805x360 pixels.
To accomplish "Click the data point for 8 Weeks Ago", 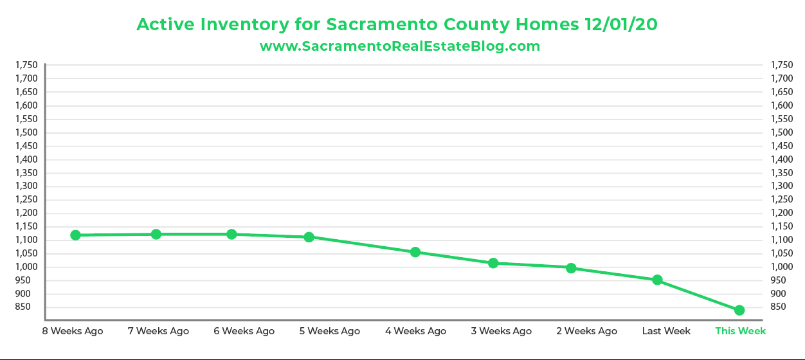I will (76, 235).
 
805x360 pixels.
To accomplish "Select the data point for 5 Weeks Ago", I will (309, 237).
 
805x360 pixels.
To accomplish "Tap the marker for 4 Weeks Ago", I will (415, 252).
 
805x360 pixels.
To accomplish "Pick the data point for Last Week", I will (657, 280).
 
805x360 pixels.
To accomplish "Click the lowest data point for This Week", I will (739, 310).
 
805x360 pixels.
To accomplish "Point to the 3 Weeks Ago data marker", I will (493, 263).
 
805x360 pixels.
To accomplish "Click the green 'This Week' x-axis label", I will (740, 331).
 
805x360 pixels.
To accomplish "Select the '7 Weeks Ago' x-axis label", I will (158, 331).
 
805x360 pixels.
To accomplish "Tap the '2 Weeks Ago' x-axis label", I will (586, 331).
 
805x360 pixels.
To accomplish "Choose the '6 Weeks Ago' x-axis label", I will (244, 331).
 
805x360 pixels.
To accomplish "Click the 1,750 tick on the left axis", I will (26, 65).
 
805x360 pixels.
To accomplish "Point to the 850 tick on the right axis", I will (777, 307).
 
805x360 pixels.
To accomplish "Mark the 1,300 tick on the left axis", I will (26, 186).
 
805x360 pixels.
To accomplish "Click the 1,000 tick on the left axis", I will (26, 267).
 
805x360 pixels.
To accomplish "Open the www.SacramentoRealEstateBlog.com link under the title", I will (399, 46).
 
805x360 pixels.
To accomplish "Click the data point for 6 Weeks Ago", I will (231, 234).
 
